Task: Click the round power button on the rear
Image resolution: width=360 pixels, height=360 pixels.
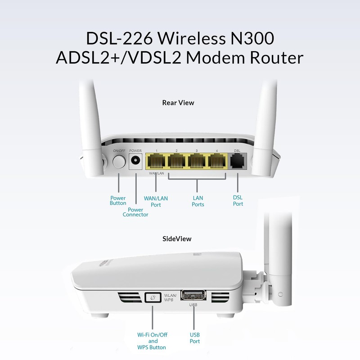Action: tap(118, 162)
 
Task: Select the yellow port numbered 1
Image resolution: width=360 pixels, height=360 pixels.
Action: tap(155, 162)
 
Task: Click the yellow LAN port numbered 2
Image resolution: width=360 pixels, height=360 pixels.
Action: tap(176, 162)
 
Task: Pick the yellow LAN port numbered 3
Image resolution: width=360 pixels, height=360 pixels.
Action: tap(198, 162)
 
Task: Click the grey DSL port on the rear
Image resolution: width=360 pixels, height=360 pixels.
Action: tap(238, 162)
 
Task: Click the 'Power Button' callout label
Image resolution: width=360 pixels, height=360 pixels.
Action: tap(118, 200)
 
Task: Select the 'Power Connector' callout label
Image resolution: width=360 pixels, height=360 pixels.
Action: tap(135, 212)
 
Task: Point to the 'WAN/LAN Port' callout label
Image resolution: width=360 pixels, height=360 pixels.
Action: tap(155, 201)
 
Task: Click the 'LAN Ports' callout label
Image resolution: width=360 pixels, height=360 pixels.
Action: tap(198, 201)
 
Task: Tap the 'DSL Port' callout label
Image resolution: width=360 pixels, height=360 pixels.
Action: tap(238, 201)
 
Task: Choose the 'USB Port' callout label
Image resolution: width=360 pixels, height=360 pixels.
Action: tap(195, 338)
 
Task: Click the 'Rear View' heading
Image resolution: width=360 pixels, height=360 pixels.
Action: tap(178, 103)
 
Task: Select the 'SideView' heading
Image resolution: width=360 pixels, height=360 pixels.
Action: tap(178, 238)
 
